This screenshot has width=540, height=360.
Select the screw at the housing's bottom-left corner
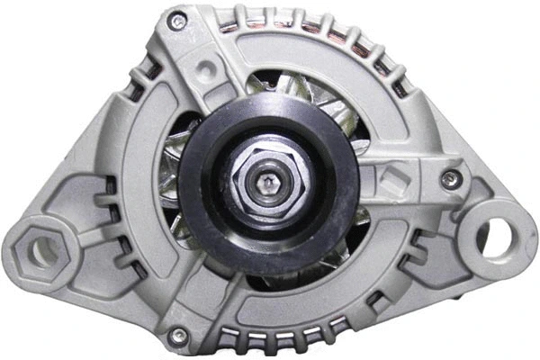180,336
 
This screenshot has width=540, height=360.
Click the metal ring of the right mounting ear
513,229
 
